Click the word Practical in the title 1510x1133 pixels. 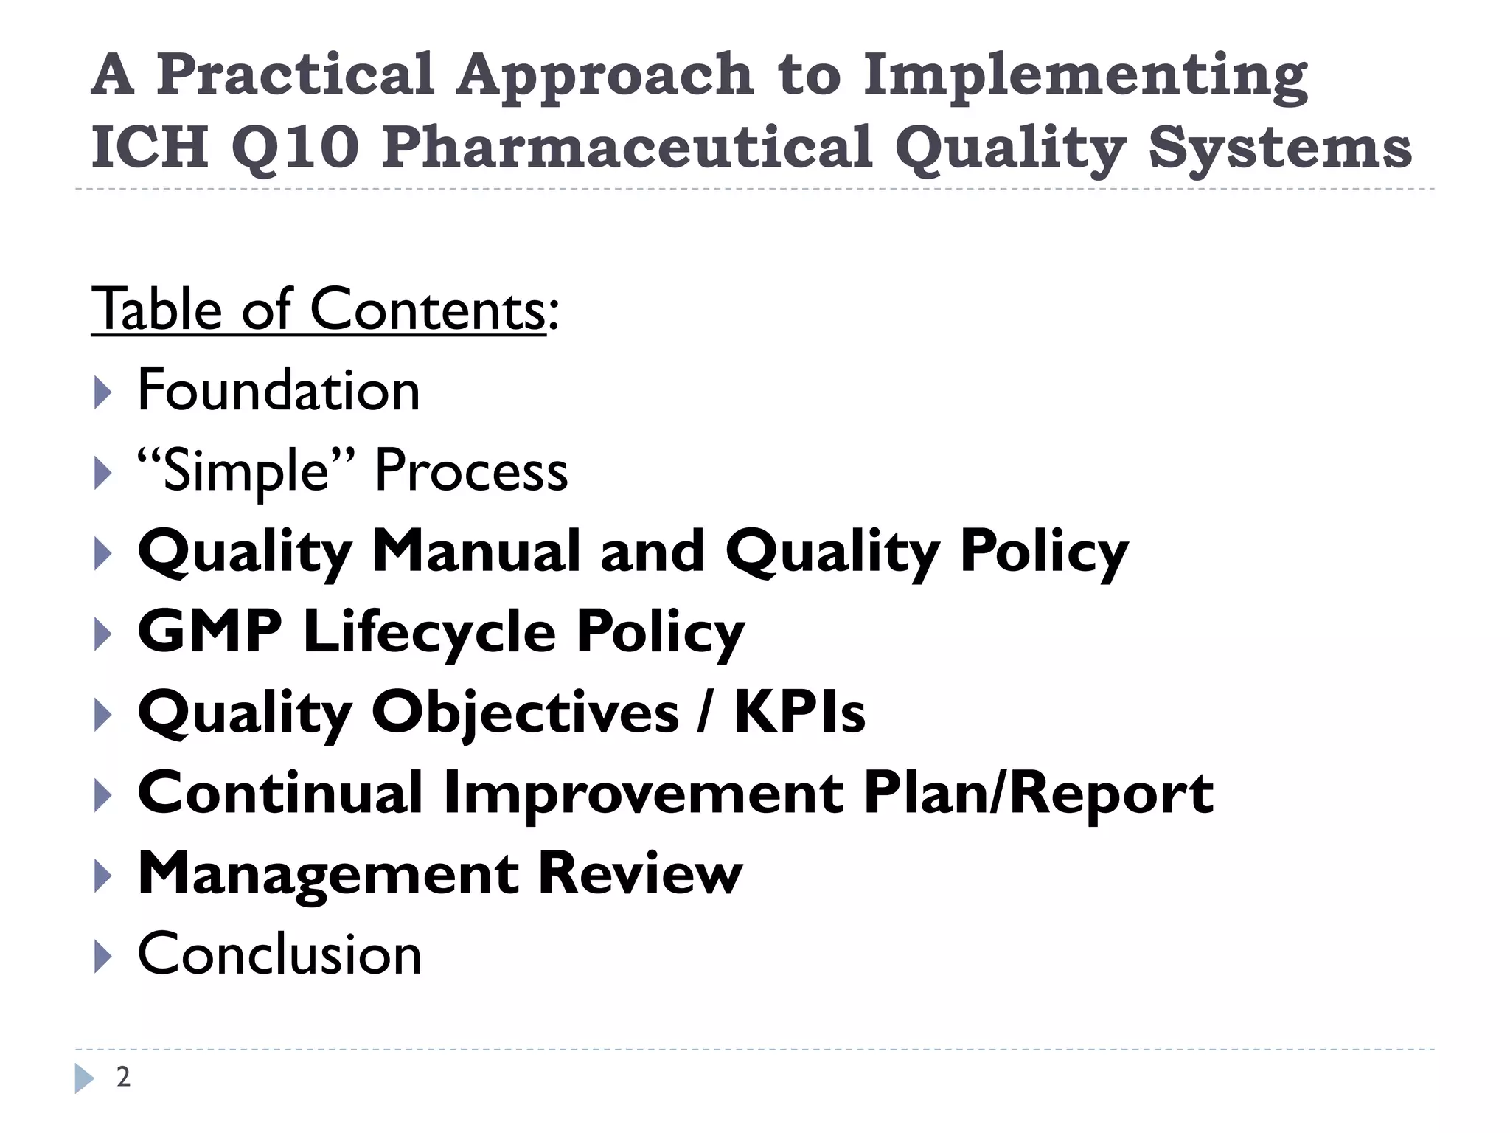click(x=295, y=75)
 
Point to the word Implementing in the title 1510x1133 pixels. click(x=1085, y=75)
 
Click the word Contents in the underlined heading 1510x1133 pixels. click(x=428, y=310)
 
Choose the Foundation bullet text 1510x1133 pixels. click(x=279, y=390)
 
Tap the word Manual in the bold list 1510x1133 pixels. click(x=476, y=551)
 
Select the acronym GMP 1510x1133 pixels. click(x=210, y=631)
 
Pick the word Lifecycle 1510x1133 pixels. click(x=430, y=633)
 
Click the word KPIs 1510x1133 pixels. click(x=799, y=713)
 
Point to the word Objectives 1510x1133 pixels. click(x=525, y=713)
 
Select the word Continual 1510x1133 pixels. click(x=280, y=793)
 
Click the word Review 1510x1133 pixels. click(x=640, y=873)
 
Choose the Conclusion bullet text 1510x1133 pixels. click(x=279, y=954)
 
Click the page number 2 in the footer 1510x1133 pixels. click(x=123, y=1078)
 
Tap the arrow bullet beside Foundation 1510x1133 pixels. click(x=102, y=392)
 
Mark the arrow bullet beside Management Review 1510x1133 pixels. click(x=102, y=875)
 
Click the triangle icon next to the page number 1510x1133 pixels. click(x=84, y=1078)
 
